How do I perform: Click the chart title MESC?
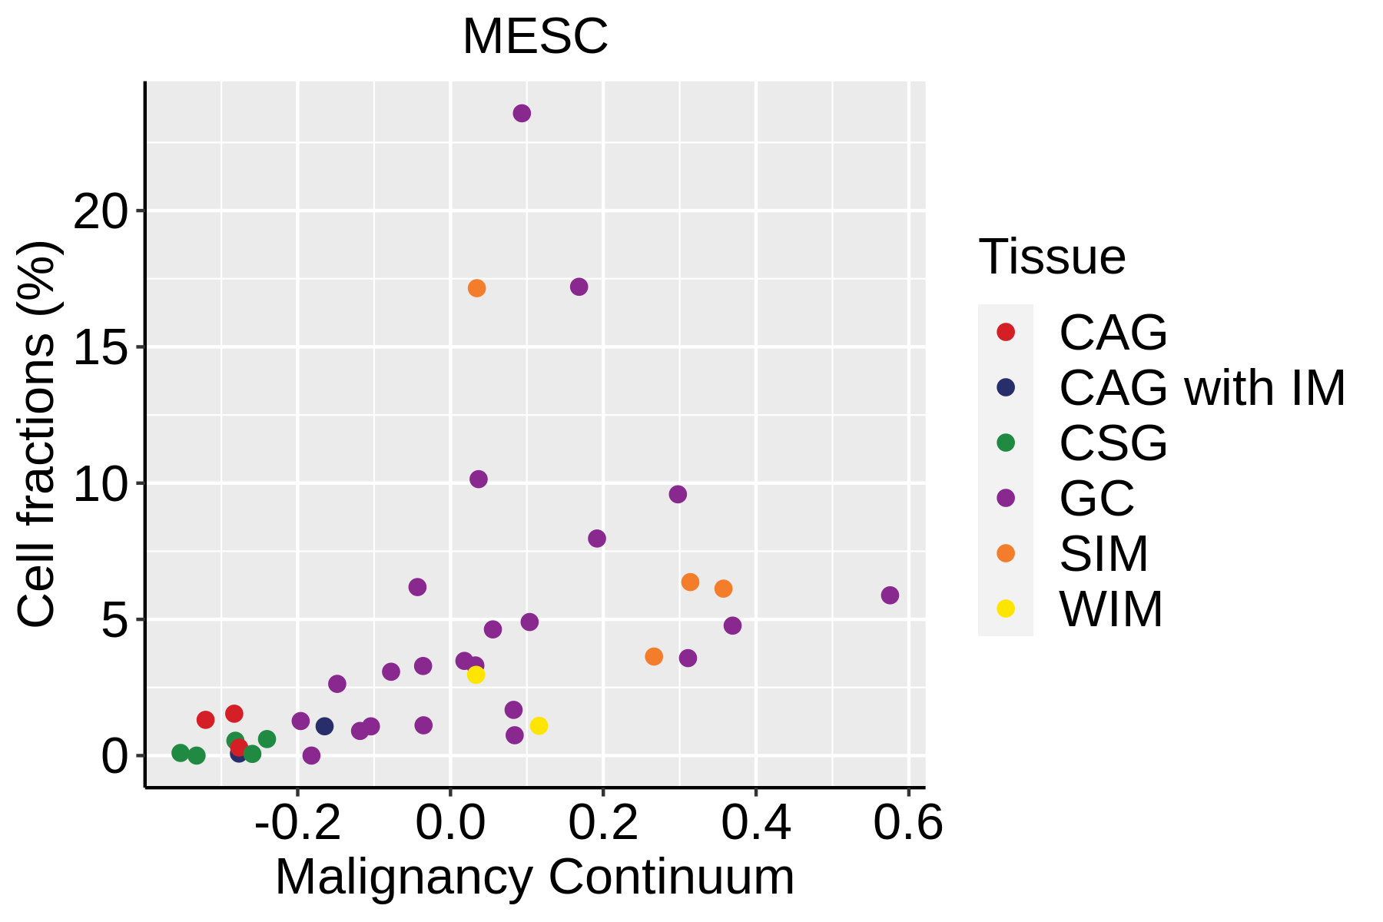click(535, 36)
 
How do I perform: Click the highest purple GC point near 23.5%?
click(522, 114)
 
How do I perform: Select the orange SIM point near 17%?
click(476, 288)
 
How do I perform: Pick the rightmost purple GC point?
click(890, 595)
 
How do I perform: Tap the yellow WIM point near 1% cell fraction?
click(539, 725)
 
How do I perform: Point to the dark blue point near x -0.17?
click(324, 726)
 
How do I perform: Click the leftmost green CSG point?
click(181, 753)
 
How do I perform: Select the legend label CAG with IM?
click(1202, 388)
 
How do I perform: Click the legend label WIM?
click(1111, 609)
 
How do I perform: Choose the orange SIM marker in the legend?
click(1005, 553)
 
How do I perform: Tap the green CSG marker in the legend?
click(1005, 443)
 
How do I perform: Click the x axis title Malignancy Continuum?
click(535, 877)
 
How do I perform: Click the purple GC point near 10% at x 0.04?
click(478, 479)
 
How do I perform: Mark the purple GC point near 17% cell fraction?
click(579, 287)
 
